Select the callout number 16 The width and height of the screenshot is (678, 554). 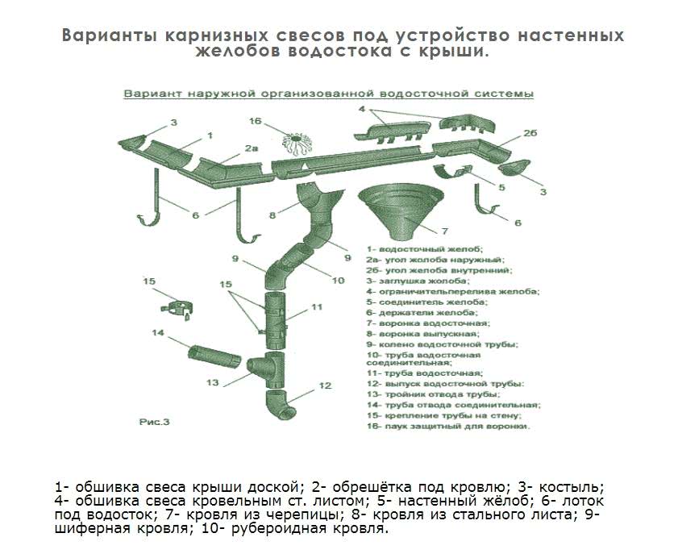point(256,122)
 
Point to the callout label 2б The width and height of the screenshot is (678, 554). point(530,133)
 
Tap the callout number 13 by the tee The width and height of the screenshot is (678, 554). point(213,382)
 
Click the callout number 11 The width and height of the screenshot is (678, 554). point(316,307)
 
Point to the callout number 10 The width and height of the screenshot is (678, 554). point(338,280)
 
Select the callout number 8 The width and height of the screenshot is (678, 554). point(273,215)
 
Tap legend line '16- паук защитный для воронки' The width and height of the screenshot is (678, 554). point(448,426)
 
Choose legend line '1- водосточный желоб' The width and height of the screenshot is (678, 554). point(423,249)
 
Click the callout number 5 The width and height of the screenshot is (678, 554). point(501,187)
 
